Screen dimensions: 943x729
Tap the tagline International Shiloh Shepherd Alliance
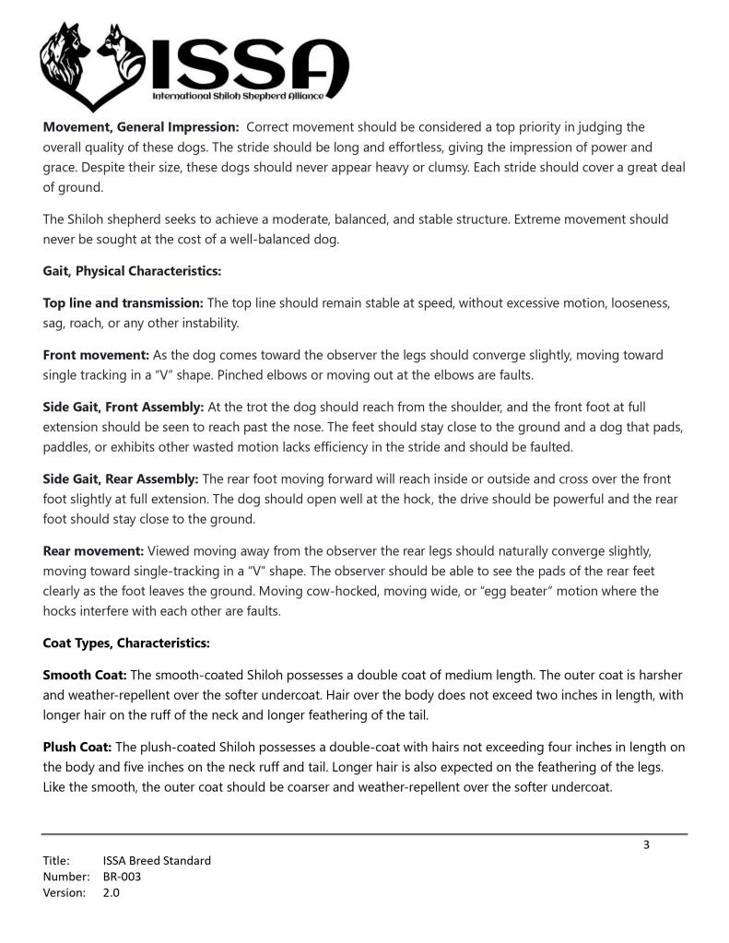(244, 96)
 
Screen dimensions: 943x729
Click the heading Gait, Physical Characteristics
(132, 271)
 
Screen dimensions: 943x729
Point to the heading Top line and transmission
(123, 302)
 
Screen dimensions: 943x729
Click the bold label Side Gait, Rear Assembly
(121, 478)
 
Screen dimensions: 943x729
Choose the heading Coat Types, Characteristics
(126, 642)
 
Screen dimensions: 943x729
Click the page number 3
(646, 845)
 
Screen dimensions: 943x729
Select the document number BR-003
(122, 877)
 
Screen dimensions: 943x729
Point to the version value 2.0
(112, 892)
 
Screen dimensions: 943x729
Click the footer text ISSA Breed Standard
(157, 861)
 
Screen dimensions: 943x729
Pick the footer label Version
(65, 892)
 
